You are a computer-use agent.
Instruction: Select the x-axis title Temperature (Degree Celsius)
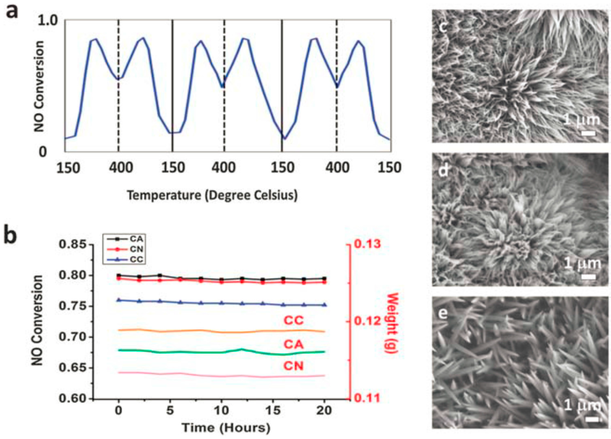click(x=212, y=195)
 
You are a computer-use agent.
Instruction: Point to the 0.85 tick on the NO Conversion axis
click(x=73, y=245)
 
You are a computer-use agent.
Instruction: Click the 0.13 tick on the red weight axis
click(x=367, y=244)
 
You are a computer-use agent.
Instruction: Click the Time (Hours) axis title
click(x=226, y=428)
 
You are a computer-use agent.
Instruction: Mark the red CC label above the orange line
click(x=293, y=320)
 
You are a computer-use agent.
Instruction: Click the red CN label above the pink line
click(x=293, y=366)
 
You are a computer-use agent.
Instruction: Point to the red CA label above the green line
click(x=293, y=344)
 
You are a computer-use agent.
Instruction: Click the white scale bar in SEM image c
click(x=588, y=133)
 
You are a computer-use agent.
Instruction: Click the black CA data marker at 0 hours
click(x=119, y=275)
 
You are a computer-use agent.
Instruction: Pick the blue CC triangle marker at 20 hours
click(x=324, y=305)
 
